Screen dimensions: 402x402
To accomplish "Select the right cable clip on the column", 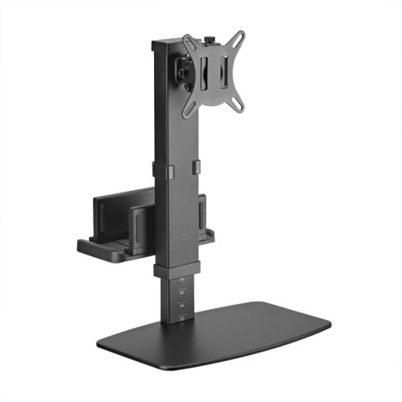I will [198, 167].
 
